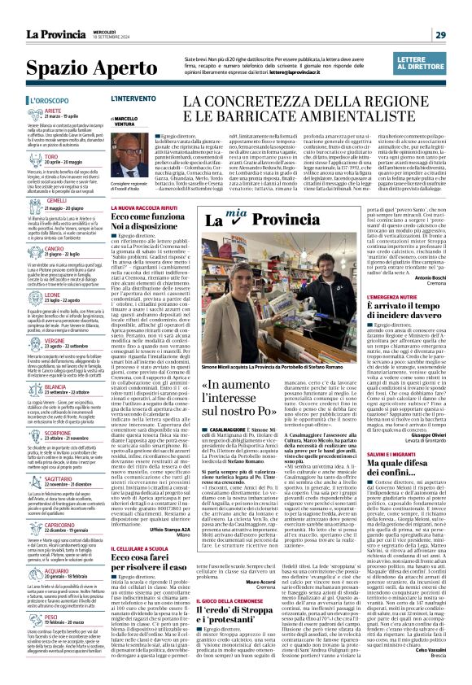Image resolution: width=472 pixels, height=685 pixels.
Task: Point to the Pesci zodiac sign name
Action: point(52,617)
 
